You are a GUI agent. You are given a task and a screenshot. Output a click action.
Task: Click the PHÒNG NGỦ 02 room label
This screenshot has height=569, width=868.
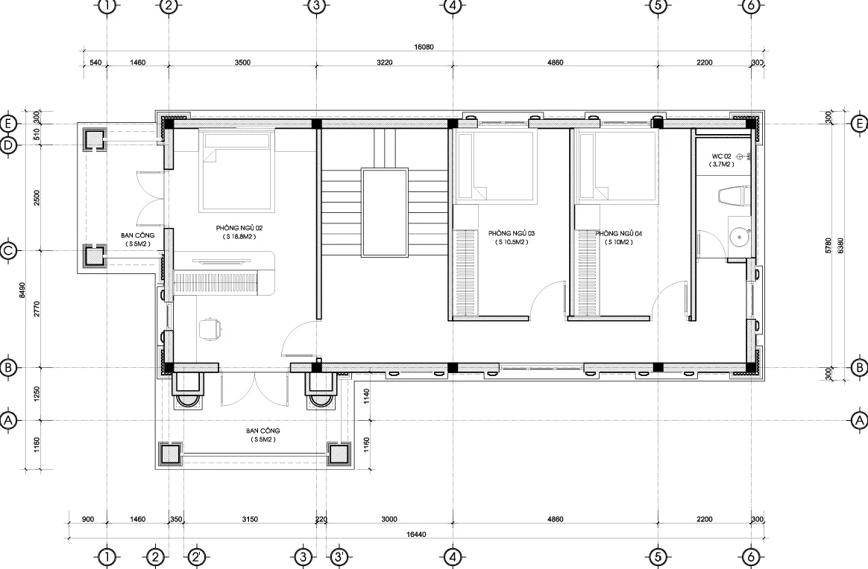[x=239, y=228]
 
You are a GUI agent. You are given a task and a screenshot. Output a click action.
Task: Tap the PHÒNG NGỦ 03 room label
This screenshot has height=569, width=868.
[x=512, y=233]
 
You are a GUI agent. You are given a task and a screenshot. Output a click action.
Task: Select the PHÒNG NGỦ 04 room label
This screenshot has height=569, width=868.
[x=618, y=233]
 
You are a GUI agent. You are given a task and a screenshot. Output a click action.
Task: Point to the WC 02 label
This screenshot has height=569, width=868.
[x=721, y=156]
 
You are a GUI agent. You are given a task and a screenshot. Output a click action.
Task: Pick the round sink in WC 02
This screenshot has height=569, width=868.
[x=739, y=238]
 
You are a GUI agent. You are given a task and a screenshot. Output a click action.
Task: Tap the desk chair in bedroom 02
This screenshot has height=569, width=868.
[x=210, y=327]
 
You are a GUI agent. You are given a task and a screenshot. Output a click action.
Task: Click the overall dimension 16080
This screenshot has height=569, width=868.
[x=424, y=47]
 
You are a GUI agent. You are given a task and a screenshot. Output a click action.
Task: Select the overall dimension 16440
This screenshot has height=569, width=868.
[x=416, y=534]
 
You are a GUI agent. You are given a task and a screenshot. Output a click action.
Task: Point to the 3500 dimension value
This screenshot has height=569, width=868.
[x=242, y=63]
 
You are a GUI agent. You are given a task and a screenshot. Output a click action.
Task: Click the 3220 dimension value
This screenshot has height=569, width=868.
[x=385, y=63]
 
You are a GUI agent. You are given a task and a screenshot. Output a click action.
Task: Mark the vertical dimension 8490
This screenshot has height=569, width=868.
[x=22, y=290]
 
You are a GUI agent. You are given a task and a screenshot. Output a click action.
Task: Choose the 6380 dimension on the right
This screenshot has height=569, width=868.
[x=841, y=246]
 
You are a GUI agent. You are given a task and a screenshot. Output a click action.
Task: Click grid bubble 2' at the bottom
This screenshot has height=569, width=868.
[x=197, y=556]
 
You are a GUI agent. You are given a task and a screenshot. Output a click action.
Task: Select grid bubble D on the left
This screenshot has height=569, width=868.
[x=7, y=145]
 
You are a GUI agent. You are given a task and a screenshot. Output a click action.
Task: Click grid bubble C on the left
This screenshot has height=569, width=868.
[x=7, y=251]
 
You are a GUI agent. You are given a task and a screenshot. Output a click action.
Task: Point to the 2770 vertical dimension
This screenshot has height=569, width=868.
[x=37, y=308]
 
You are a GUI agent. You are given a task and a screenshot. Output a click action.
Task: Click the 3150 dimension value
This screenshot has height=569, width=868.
[x=251, y=519]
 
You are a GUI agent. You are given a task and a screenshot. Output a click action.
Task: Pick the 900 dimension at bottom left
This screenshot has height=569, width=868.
[x=87, y=519]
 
